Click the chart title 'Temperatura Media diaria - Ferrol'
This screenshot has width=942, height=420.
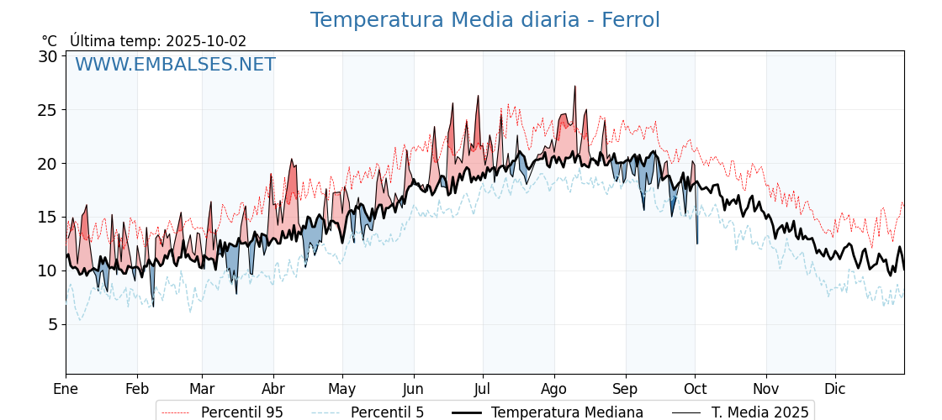click(484, 20)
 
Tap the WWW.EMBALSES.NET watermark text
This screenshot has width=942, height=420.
click(175, 65)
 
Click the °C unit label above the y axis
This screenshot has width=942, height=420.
click(50, 41)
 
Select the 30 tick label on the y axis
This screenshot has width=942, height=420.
click(48, 56)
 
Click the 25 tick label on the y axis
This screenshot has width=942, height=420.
click(48, 110)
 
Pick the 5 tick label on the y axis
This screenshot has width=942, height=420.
click(52, 324)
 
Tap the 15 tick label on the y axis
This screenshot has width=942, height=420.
click(48, 217)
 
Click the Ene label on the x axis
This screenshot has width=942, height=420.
click(66, 389)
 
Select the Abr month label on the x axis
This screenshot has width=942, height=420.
click(273, 389)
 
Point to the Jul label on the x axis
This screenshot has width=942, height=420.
click(483, 389)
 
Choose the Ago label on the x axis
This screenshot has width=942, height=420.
click(553, 389)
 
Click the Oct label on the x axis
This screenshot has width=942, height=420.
click(695, 389)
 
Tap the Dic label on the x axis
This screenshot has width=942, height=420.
click(835, 389)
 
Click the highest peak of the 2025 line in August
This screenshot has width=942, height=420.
click(575, 87)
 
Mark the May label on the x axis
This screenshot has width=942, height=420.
click(342, 389)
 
